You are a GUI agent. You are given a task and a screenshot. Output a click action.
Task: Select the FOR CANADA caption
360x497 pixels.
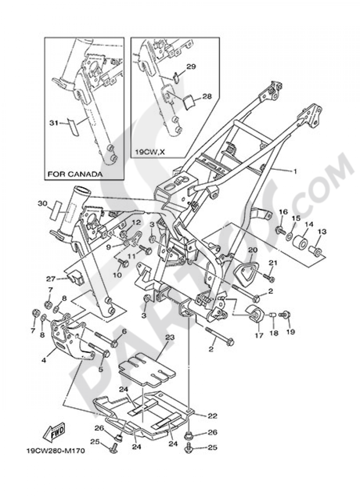(x=75, y=174)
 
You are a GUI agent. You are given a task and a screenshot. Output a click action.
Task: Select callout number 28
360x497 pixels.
(x=207, y=96)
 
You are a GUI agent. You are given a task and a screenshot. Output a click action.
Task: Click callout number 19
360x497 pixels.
(x=291, y=332)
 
